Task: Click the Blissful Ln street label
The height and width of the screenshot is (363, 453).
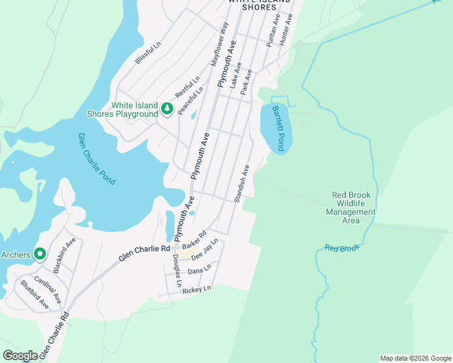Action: [148, 53]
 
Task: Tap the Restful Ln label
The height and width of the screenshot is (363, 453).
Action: [187, 88]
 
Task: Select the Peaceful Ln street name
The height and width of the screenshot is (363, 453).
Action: [191, 99]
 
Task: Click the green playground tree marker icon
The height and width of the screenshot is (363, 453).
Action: [167, 109]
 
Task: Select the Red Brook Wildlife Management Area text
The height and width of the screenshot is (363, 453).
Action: [351, 208]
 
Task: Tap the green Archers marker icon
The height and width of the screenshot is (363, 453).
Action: [39, 254]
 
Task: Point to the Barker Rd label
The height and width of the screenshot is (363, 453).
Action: [194, 240]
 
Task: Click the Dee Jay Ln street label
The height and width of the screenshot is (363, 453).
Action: [204, 250]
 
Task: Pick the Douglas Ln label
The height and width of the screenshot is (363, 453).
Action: [177, 270]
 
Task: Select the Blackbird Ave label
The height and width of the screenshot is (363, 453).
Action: [64, 256]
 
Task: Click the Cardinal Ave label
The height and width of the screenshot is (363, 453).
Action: [47, 289]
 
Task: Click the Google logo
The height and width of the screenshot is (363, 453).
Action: [20, 356]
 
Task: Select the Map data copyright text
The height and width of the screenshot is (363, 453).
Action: [416, 358]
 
